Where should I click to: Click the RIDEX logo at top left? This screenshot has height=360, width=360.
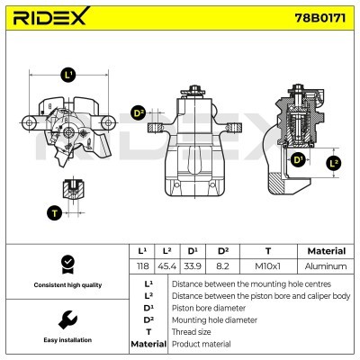pyautogui.click(x=51, y=19)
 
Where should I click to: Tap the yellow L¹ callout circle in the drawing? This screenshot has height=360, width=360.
pyautogui.click(x=70, y=75)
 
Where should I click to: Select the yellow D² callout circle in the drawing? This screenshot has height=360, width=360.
pyautogui.click(x=138, y=112)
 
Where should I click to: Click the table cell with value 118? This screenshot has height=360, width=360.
pyautogui.click(x=141, y=266)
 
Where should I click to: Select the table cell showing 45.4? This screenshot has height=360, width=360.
pyautogui.click(x=166, y=266)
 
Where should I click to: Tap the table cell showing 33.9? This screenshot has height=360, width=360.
pyautogui.click(x=193, y=266)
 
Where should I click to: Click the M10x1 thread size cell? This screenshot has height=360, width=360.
pyautogui.click(x=267, y=266)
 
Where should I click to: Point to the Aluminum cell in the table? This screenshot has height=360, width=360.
pyautogui.click(x=326, y=266)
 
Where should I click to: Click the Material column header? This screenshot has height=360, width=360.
pyautogui.click(x=326, y=251)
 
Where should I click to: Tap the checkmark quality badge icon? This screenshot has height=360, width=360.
pyautogui.click(x=66, y=264)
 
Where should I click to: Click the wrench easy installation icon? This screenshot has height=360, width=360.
pyautogui.click(x=66, y=319)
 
